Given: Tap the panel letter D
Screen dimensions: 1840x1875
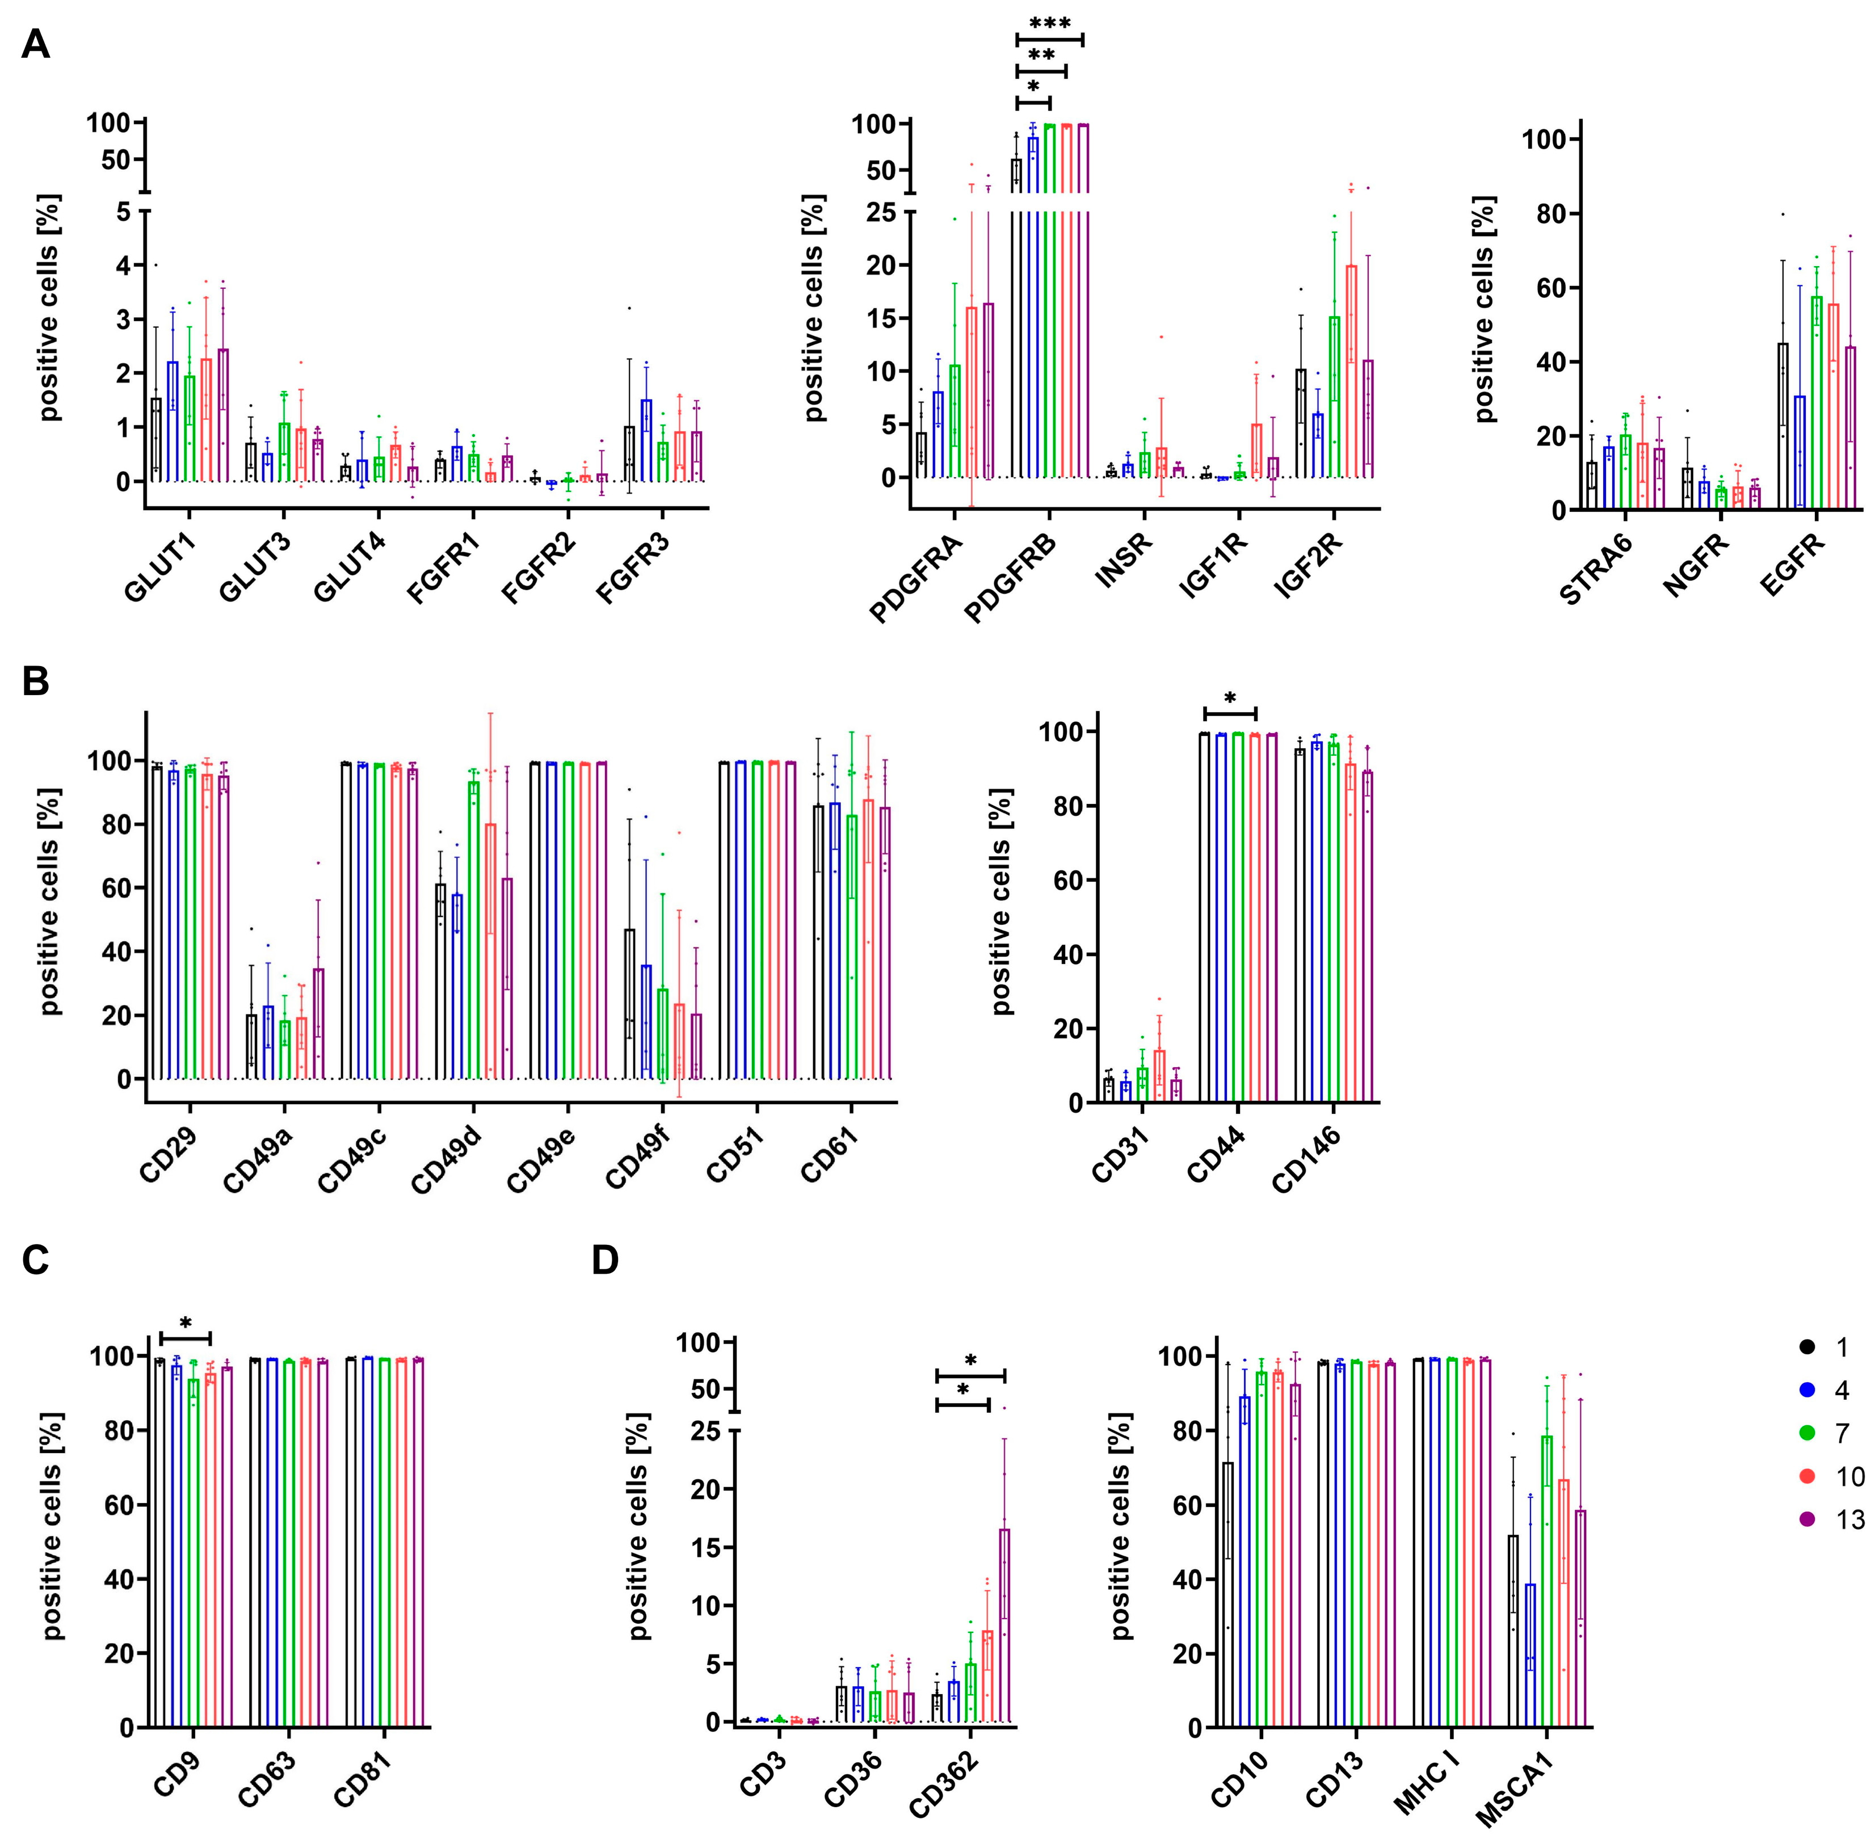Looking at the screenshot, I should tap(605, 1260).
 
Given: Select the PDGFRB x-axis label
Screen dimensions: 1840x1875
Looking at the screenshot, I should tap(1011, 578).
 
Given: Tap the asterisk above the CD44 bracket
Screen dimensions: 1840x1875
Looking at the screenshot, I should tap(1229, 698).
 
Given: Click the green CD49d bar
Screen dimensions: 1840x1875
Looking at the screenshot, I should tap(474, 928).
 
